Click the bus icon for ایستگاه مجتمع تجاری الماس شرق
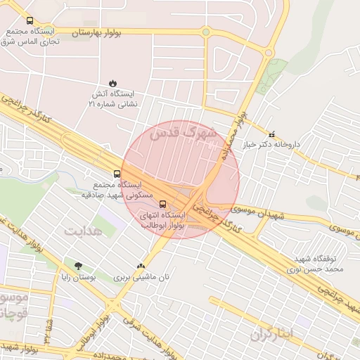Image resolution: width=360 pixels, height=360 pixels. point(30,21)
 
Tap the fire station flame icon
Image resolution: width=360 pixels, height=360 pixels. point(112,82)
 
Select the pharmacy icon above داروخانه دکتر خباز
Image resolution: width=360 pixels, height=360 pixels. point(272,134)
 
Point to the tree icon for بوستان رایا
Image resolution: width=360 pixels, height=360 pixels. point(77,265)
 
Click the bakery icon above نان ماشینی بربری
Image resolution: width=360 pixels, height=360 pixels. point(141,266)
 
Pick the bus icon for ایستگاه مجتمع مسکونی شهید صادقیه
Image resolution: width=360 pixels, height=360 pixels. point(117,173)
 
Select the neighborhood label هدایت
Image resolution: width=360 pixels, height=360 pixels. point(83,230)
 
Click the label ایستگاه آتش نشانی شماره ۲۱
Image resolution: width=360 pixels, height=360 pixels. point(113,98)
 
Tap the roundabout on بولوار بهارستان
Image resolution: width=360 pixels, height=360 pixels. point(205,32)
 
